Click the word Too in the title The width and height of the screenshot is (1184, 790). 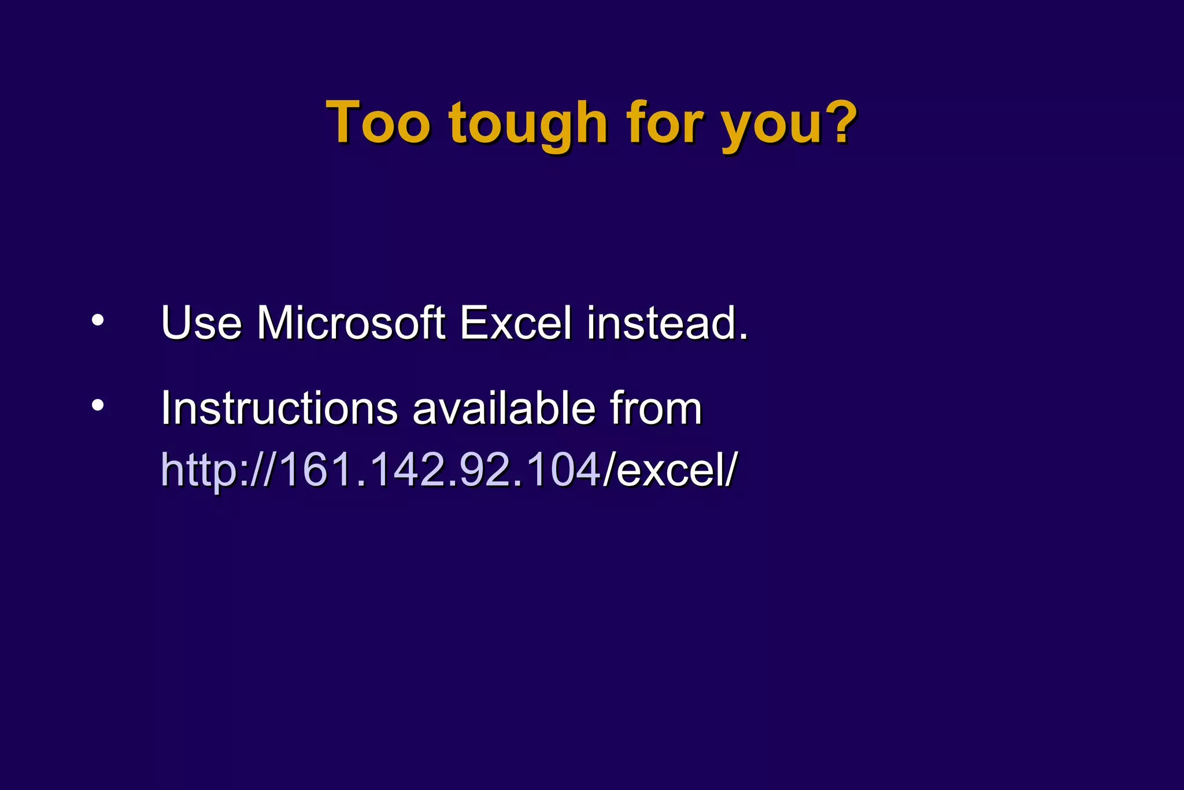click(x=378, y=123)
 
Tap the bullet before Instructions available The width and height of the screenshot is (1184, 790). click(x=98, y=405)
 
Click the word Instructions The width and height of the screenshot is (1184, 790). click(x=279, y=408)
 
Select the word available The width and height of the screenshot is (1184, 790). click(x=504, y=408)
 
